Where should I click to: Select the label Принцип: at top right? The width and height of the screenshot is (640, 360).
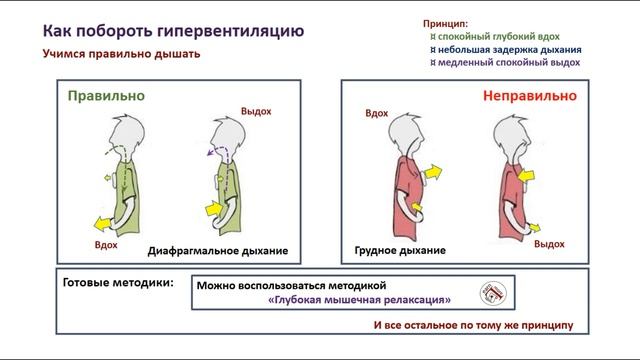444,20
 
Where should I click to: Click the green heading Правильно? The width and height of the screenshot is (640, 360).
106,96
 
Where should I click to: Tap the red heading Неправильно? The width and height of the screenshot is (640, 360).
530,97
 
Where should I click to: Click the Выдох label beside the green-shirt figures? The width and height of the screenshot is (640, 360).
256,111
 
